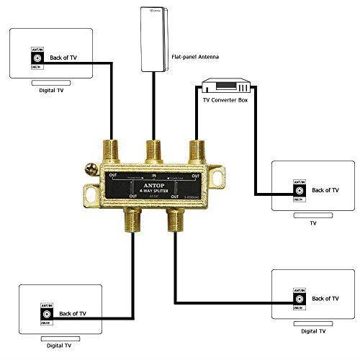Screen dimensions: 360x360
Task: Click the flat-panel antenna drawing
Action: coord(153,40)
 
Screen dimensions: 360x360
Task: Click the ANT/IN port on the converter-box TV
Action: coord(297,190)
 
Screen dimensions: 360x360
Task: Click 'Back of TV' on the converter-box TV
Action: coord(325,190)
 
